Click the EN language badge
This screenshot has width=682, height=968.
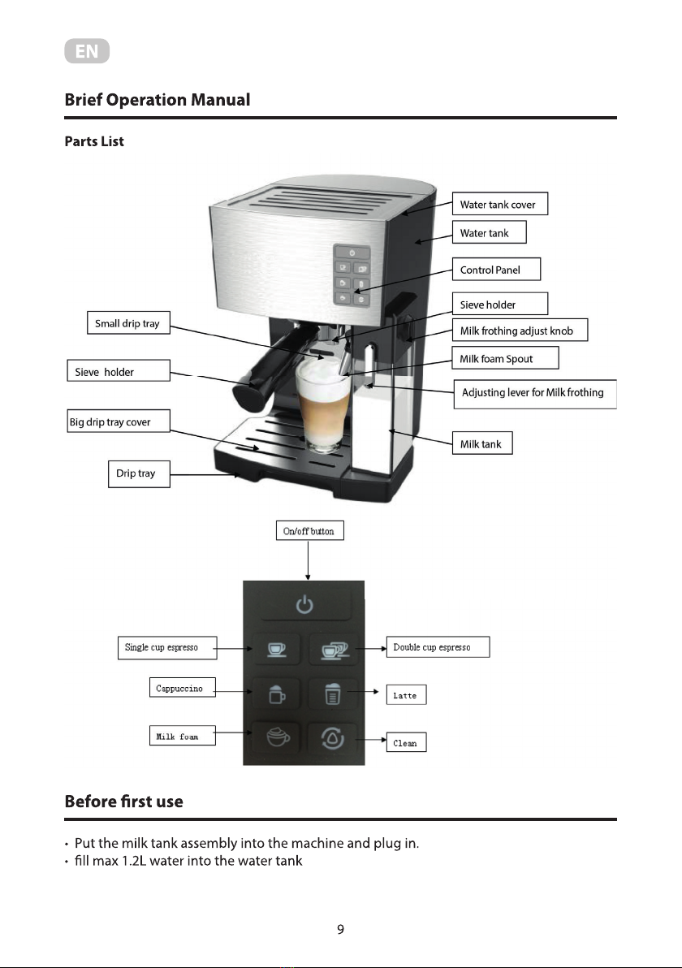coord(87,53)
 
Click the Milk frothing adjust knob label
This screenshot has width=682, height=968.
coord(518,331)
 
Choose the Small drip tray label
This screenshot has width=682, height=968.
coord(128,324)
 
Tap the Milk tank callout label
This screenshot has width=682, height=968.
coord(482,443)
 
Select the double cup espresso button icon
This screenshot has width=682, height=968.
coord(334,650)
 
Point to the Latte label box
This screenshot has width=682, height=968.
coord(405,695)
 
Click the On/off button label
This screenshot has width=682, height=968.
coord(309,531)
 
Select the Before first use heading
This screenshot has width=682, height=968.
coord(123,802)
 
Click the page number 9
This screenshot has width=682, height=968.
coord(341,930)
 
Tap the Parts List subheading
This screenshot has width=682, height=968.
coord(94,142)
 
